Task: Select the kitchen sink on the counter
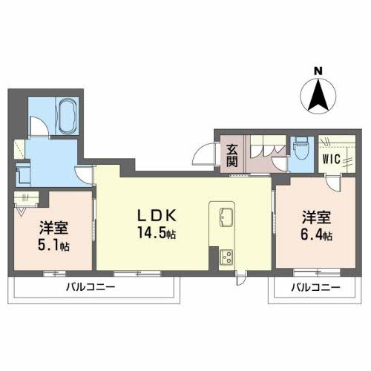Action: [x=225, y=218]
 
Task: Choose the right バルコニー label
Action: [x=315, y=287]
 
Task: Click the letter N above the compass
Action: [x=318, y=71]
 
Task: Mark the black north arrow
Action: [x=318, y=94]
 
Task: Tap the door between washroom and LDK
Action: [x=84, y=174]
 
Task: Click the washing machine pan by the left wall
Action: [x=23, y=175]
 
